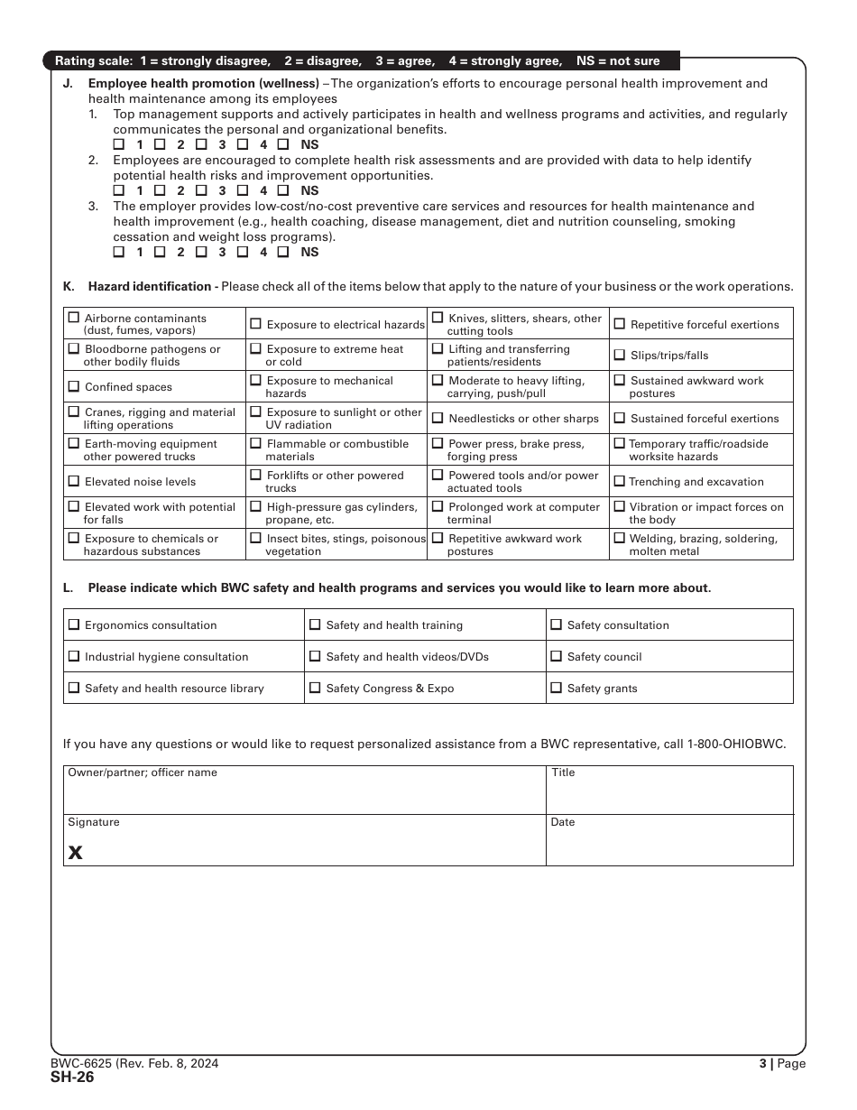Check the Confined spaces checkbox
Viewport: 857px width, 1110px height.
pos(74,386)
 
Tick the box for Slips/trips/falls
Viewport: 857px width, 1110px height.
pos(619,355)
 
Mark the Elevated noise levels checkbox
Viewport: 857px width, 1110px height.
pos(74,481)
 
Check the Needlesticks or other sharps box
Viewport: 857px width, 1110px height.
pos(438,418)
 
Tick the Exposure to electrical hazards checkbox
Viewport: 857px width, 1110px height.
pos(256,324)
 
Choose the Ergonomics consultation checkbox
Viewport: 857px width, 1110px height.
pos(74,624)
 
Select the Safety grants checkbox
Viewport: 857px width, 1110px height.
pos(557,688)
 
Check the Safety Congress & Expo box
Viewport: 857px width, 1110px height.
pos(315,688)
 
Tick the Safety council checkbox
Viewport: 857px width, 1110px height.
pos(557,656)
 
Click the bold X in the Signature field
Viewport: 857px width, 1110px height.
pos(76,853)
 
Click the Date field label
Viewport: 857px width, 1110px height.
pos(563,822)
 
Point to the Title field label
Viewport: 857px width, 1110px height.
pos(563,772)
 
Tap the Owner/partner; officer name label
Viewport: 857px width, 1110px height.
pos(143,772)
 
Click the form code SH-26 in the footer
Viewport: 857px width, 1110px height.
pos(72,1077)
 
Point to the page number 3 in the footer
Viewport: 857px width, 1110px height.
pos(762,1064)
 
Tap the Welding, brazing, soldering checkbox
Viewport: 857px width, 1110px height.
pos(619,538)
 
